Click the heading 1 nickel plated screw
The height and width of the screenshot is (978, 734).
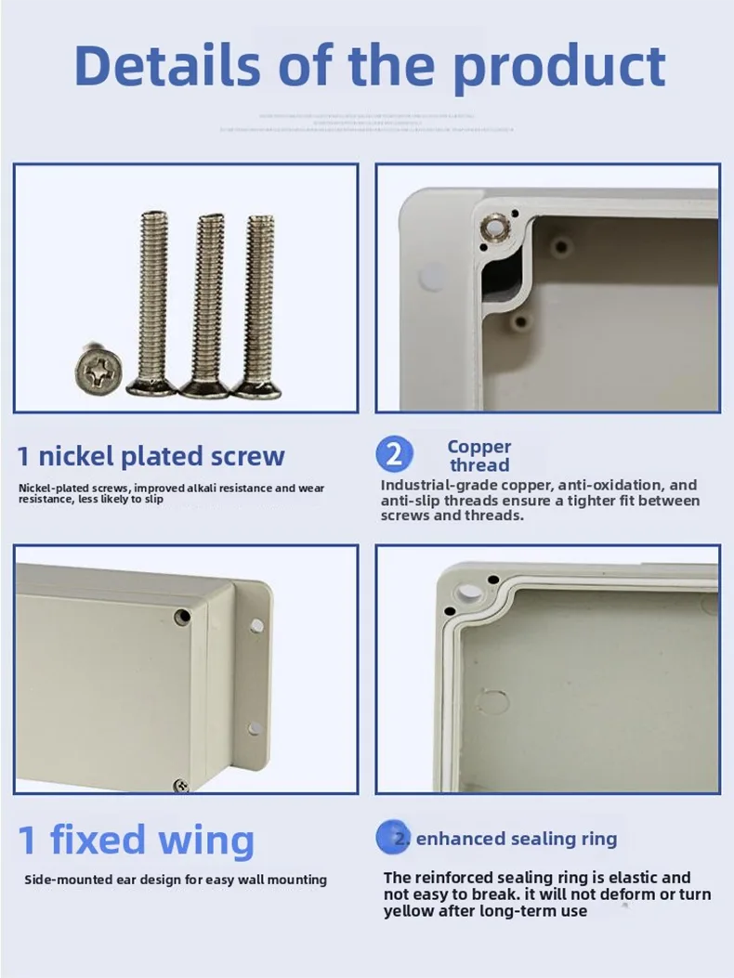click(x=151, y=456)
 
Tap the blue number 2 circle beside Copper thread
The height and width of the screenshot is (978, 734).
click(x=395, y=454)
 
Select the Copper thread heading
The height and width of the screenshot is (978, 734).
click(x=479, y=455)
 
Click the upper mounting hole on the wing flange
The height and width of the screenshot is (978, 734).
click(x=256, y=624)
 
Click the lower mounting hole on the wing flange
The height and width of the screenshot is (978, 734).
click(x=253, y=728)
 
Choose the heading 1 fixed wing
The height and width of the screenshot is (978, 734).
click(x=136, y=840)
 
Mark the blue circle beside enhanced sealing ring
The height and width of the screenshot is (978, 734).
click(x=394, y=838)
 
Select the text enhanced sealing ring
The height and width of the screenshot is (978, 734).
click(x=516, y=839)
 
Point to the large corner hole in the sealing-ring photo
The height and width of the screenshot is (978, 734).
click(x=470, y=591)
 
